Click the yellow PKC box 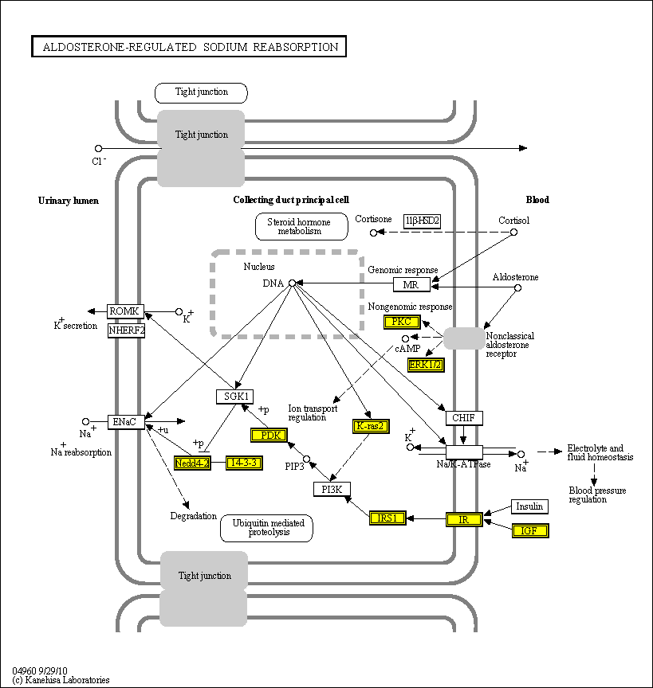tap(401, 322)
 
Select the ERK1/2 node tap(425, 365)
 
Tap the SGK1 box tap(234, 396)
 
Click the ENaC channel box tap(126, 421)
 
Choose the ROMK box tap(126, 311)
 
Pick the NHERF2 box tap(126, 330)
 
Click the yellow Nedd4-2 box tap(192, 463)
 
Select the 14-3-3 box tap(244, 463)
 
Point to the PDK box tap(269, 436)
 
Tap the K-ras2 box tap(371, 426)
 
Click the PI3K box tap(332, 490)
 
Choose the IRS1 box tap(387, 518)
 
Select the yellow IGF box tap(529, 530)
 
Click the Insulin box tap(529, 506)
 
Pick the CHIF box tap(463, 417)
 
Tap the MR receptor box tap(411, 284)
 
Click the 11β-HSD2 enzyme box tap(422, 221)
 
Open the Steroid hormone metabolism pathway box tap(301, 226)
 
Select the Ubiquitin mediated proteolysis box tap(266, 528)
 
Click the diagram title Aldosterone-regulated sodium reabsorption tap(189, 47)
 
